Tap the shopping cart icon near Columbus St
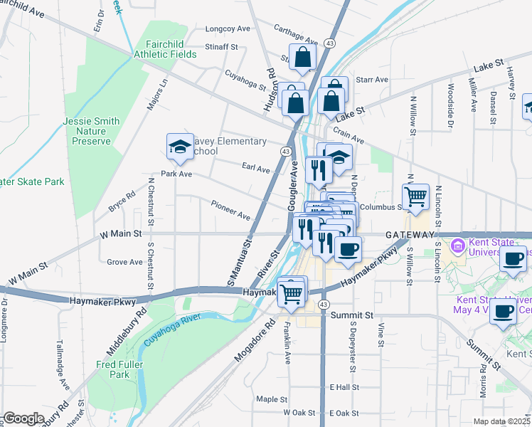(x=416, y=196)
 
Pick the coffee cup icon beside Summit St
(x=504, y=312)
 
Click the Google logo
(x=23, y=418)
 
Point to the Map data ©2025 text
(x=501, y=421)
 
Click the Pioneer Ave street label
(x=230, y=210)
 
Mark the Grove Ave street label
(x=124, y=262)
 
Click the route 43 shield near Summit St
(x=324, y=304)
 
